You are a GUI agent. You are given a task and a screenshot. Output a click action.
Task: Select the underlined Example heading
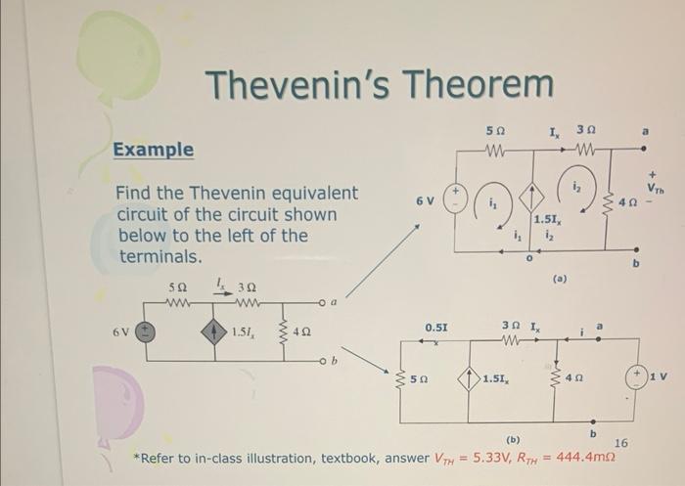click(153, 150)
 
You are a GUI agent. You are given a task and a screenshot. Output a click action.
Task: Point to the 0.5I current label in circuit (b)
click(435, 327)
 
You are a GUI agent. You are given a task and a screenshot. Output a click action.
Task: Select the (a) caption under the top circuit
click(559, 278)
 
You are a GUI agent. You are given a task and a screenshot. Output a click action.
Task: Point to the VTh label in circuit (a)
click(653, 182)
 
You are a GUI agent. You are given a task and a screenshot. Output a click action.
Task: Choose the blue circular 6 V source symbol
click(143, 332)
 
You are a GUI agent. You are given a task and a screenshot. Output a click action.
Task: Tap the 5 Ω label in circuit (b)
click(417, 378)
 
